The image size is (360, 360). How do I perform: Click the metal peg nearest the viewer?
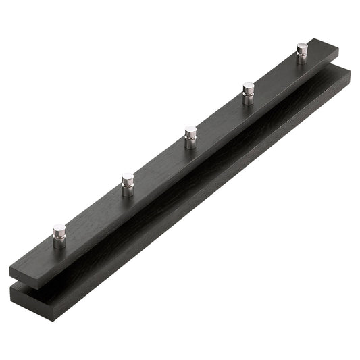[x=59, y=236]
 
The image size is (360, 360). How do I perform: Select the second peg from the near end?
[x=127, y=184]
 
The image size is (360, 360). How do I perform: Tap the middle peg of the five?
[x=190, y=137]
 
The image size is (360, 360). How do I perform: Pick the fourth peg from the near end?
[x=249, y=93]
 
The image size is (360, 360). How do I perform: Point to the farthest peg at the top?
[x=302, y=53]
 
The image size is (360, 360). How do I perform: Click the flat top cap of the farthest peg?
[x=302, y=47]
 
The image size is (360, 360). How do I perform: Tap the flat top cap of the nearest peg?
[x=59, y=228]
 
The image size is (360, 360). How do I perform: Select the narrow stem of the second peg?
[x=128, y=190]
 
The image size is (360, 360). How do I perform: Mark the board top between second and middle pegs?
[x=159, y=166]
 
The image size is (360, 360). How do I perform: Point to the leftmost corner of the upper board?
[x=10, y=259]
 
